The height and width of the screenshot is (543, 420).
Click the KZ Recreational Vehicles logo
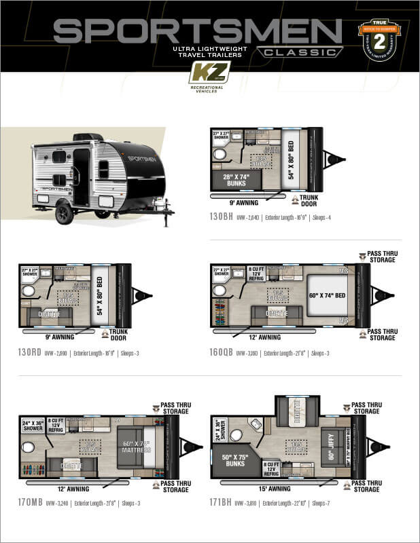point(209,75)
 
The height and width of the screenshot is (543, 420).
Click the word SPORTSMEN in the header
point(197,31)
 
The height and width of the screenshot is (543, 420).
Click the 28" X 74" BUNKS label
point(232,179)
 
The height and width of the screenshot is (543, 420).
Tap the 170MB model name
point(31,503)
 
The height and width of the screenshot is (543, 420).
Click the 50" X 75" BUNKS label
point(232,459)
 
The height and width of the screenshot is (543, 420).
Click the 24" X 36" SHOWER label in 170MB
point(32,425)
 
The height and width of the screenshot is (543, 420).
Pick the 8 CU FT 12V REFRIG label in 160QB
point(255,273)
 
